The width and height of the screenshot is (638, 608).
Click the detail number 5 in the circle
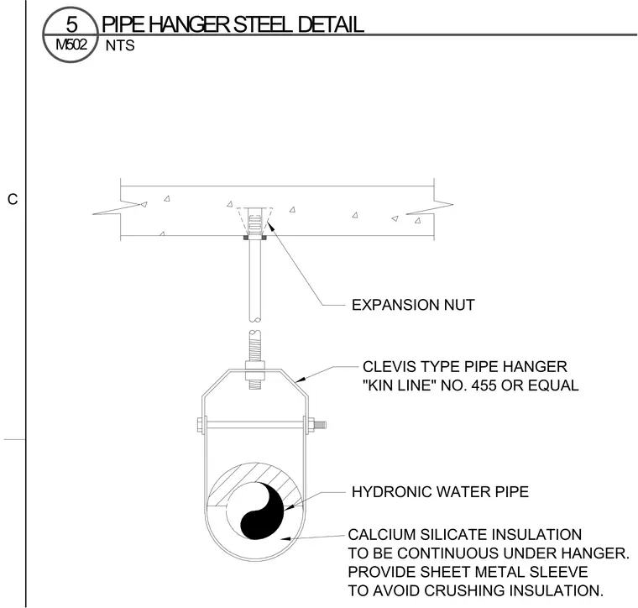tap(71, 24)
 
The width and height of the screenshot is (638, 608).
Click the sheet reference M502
tap(71, 44)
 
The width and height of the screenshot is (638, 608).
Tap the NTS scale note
tap(120, 45)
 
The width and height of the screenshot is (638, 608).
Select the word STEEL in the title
tap(263, 24)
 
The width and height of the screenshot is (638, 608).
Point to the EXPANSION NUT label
tap(413, 305)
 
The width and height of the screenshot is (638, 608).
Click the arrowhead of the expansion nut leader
tap(269, 224)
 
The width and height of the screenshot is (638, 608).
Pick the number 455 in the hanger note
tap(484, 385)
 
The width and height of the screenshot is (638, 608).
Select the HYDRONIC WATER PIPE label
tap(440, 491)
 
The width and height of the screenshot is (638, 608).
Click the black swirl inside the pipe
tap(263, 511)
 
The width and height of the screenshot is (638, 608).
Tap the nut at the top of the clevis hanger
tap(255, 365)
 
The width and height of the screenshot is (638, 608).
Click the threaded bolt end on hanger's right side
tap(321, 425)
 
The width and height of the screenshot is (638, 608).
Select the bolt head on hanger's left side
tap(200, 425)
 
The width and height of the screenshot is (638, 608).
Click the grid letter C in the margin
tap(13, 199)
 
